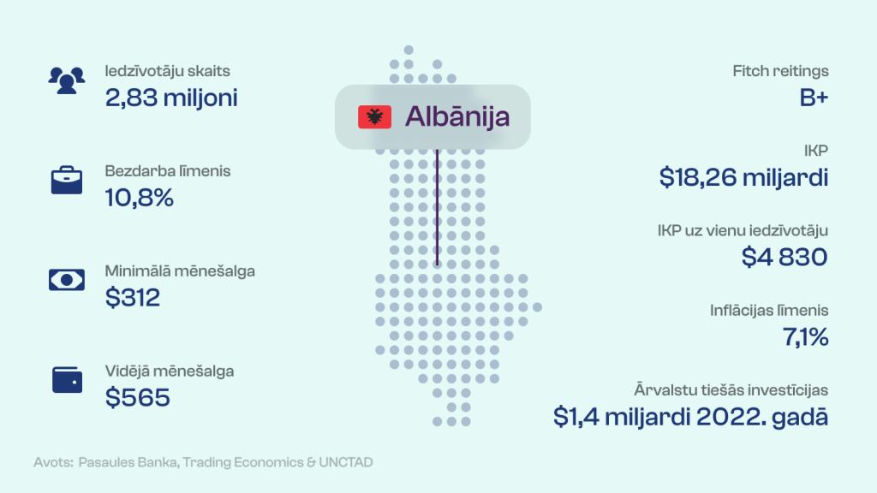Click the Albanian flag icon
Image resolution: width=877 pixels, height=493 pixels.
[375, 116]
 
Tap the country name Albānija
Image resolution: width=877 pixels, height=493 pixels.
[457, 116]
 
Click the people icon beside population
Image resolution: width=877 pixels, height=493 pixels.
[67, 80]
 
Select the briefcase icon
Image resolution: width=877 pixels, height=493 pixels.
[67, 180]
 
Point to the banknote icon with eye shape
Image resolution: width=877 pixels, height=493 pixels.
[67, 280]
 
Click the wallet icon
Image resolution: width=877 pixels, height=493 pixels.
[67, 380]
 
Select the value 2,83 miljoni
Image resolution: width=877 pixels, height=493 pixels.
[171, 98]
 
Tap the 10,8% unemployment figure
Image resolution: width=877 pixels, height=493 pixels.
[140, 198]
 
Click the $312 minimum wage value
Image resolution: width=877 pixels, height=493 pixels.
[133, 297]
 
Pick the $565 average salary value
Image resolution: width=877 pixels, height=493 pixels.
[138, 397]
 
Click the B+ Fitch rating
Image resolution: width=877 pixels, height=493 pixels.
[814, 98]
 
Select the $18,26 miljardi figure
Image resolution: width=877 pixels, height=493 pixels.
[743, 178]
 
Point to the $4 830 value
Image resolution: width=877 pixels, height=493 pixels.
[785, 257]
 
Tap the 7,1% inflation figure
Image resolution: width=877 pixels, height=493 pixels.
[805, 337]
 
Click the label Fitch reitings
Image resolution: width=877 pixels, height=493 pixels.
[780, 71]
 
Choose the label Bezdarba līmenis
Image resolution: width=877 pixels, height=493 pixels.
[168, 171]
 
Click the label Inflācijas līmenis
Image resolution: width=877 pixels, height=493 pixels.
[769, 311]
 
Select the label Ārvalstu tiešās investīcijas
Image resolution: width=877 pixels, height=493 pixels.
[731, 390]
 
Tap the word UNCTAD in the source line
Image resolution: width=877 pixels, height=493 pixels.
[346, 462]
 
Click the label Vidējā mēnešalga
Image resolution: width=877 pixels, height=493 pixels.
[170, 371]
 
